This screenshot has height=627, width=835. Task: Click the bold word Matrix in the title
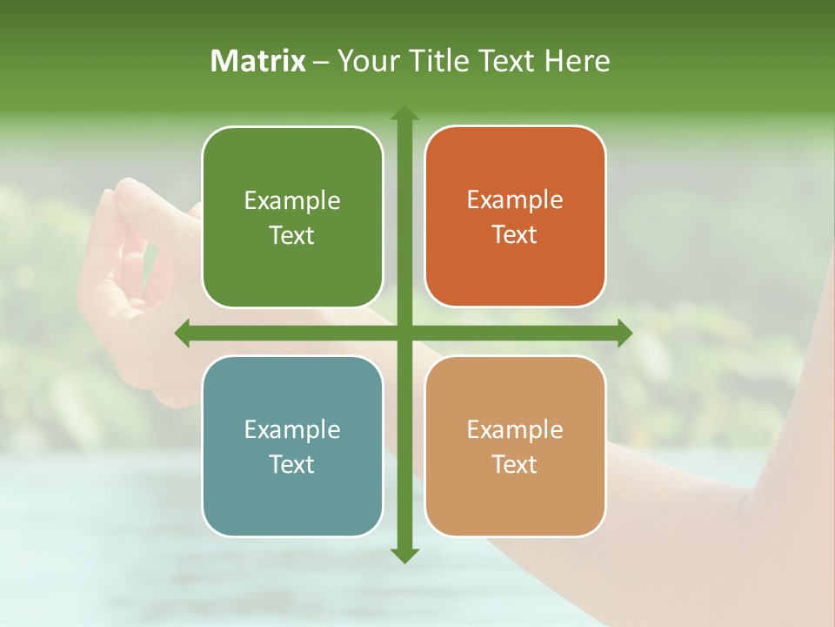(x=258, y=61)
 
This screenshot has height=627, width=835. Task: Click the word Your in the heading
(x=366, y=61)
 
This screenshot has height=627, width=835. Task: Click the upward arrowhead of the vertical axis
(x=404, y=113)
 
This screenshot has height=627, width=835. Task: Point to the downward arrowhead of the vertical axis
(x=404, y=555)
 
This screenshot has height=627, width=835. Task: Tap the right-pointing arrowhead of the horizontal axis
(x=625, y=333)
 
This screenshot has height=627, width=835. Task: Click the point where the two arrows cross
(x=404, y=333)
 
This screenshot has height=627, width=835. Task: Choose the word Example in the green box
(x=292, y=201)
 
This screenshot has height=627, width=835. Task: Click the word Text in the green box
(x=292, y=235)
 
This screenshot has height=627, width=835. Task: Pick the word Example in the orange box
(x=515, y=200)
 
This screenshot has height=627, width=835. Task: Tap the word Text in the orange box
(x=515, y=234)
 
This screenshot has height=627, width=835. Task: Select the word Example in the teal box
(x=292, y=430)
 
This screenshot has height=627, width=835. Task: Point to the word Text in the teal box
(x=292, y=464)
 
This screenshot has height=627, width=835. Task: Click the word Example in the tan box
(x=515, y=430)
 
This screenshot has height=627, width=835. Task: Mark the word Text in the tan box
(x=515, y=464)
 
